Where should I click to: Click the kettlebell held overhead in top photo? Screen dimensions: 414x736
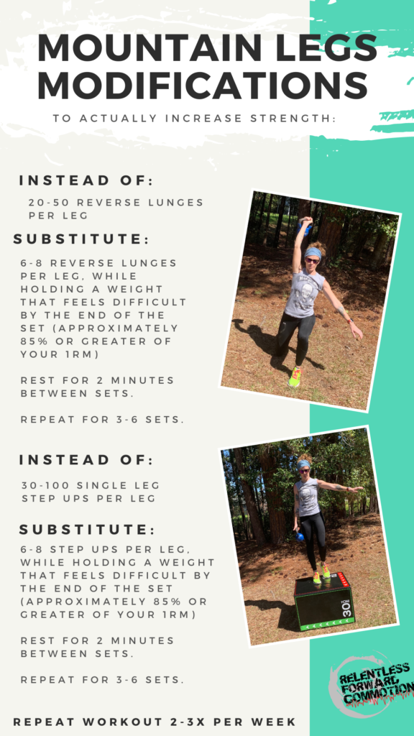[305, 228]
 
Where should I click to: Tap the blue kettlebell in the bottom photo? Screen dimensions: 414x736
[300, 536]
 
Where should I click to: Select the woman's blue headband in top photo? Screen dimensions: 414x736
[313, 253]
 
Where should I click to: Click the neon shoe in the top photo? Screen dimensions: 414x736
[294, 377]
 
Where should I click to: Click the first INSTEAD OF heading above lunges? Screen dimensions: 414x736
[86, 181]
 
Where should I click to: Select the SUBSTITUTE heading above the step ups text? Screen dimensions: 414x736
[87, 530]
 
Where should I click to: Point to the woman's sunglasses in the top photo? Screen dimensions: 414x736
[312, 260]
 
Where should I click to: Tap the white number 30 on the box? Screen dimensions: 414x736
[347, 608]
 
